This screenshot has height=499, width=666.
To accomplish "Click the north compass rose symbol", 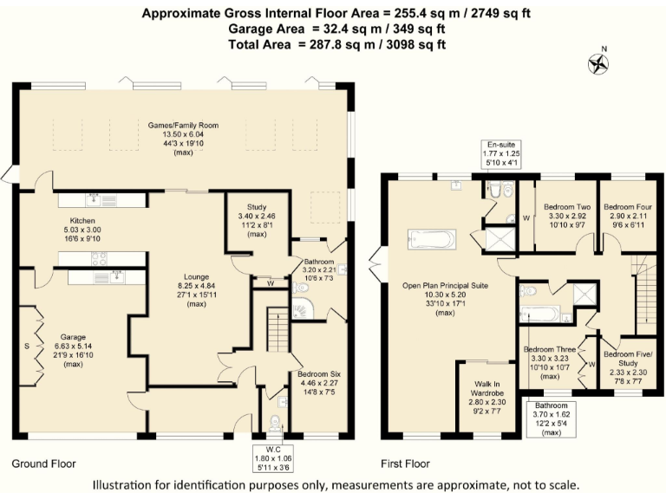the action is (x=598, y=64).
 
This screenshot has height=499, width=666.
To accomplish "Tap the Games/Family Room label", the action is (x=183, y=125).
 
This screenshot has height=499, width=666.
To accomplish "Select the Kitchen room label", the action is (x=82, y=221).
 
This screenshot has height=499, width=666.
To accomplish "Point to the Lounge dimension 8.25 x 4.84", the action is (x=197, y=286).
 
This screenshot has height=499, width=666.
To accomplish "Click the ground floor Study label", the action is (x=257, y=207).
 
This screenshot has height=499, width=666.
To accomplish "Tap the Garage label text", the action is (x=73, y=337).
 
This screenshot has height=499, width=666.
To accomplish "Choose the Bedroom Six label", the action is (x=319, y=374).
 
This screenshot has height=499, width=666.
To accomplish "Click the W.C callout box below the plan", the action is (x=273, y=458).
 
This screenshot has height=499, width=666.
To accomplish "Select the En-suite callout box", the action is (x=501, y=154).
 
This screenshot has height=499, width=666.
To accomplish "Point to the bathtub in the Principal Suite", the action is (x=432, y=239).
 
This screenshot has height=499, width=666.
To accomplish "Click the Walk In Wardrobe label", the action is (x=487, y=389).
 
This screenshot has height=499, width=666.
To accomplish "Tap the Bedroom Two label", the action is (x=567, y=207).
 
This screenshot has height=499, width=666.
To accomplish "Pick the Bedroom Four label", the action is (x=628, y=207).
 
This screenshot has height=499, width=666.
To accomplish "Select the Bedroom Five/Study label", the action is (x=628, y=359).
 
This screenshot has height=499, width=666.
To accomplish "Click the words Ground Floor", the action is (x=43, y=463).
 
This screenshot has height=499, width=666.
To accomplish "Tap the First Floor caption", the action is (x=405, y=463).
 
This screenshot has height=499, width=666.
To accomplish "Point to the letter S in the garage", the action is (x=27, y=347).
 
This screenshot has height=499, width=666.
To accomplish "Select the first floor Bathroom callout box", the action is (x=552, y=419).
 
